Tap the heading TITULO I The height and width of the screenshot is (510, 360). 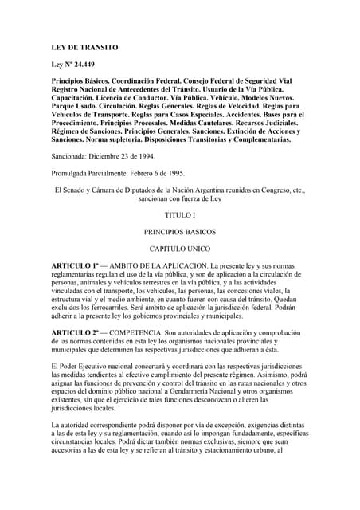179,214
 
